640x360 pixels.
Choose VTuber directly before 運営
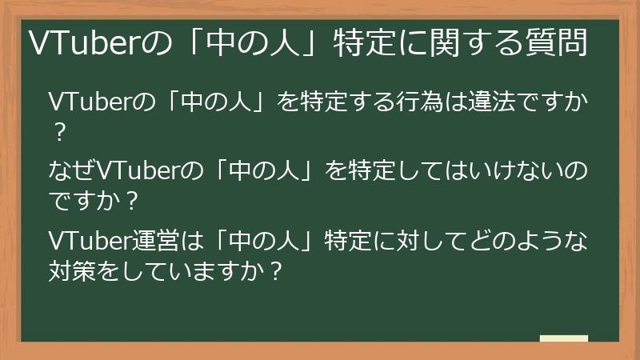[x=90, y=239]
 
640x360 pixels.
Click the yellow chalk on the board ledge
[x=564, y=338]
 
